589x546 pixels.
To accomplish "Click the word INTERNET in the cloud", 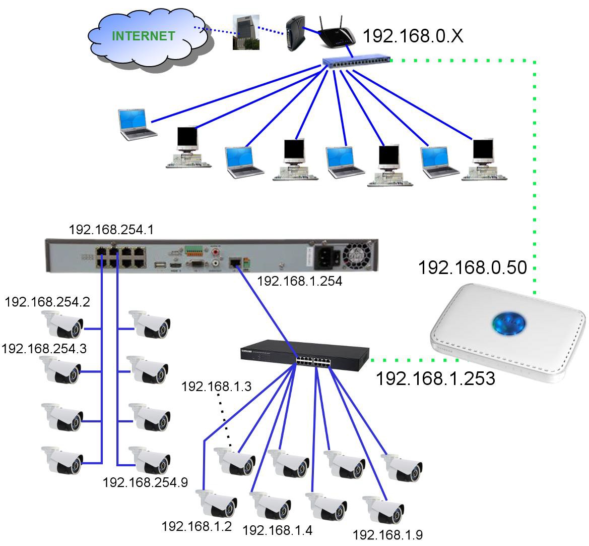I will tap(144, 36).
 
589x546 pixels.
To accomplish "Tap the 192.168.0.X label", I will tap(413, 36).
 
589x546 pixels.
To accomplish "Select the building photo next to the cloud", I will tap(246, 32).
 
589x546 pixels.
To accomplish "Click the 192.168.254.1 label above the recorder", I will tap(111, 230).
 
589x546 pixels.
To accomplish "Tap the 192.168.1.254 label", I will tap(299, 282).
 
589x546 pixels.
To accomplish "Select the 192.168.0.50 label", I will tap(472, 267).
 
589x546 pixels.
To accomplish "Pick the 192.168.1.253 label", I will tap(435, 378).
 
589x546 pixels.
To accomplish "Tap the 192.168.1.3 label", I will tap(216, 387).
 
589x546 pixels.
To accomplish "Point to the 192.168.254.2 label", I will tap(47, 302).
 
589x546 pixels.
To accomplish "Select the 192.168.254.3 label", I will tap(44, 349).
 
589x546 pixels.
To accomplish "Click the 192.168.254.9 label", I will tap(145, 482).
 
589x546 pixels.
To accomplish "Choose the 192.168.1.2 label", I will tap(197, 527).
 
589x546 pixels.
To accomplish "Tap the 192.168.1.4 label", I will tap(277, 530).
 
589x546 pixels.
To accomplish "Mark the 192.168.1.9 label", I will tap(387, 535).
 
